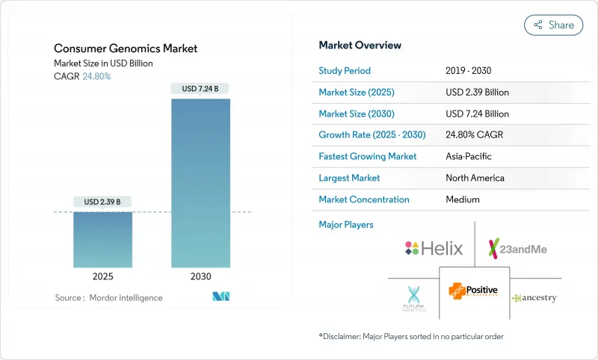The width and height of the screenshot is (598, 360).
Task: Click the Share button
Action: (554, 25)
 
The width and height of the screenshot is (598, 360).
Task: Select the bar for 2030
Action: (200, 182)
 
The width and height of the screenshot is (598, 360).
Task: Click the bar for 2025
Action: (102, 239)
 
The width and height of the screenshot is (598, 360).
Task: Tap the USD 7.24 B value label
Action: (200, 89)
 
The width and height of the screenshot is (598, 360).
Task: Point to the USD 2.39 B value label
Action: (102, 202)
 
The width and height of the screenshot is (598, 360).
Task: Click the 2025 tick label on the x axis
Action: (102, 276)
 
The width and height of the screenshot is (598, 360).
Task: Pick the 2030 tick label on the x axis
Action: (200, 276)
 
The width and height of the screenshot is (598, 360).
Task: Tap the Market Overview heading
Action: (360, 46)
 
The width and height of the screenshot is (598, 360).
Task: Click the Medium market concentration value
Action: (463, 199)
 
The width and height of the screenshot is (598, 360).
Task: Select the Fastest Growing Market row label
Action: (368, 157)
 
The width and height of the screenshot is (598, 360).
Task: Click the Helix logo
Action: (434, 248)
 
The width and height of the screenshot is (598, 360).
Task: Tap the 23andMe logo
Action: (517, 248)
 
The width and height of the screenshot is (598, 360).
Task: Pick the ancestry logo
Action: (534, 298)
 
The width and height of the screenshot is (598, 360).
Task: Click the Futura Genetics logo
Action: (411, 299)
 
